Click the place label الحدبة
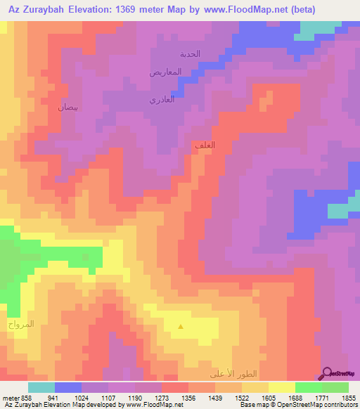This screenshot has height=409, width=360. pos(190,54)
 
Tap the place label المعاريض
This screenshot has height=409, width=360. pos(165,72)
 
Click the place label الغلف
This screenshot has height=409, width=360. pos(203,145)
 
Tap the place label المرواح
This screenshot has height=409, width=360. pos(20,325)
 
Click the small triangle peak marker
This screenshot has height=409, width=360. pos(181,326)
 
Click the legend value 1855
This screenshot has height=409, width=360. pos(349,397)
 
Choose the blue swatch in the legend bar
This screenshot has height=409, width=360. pos(68,387)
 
